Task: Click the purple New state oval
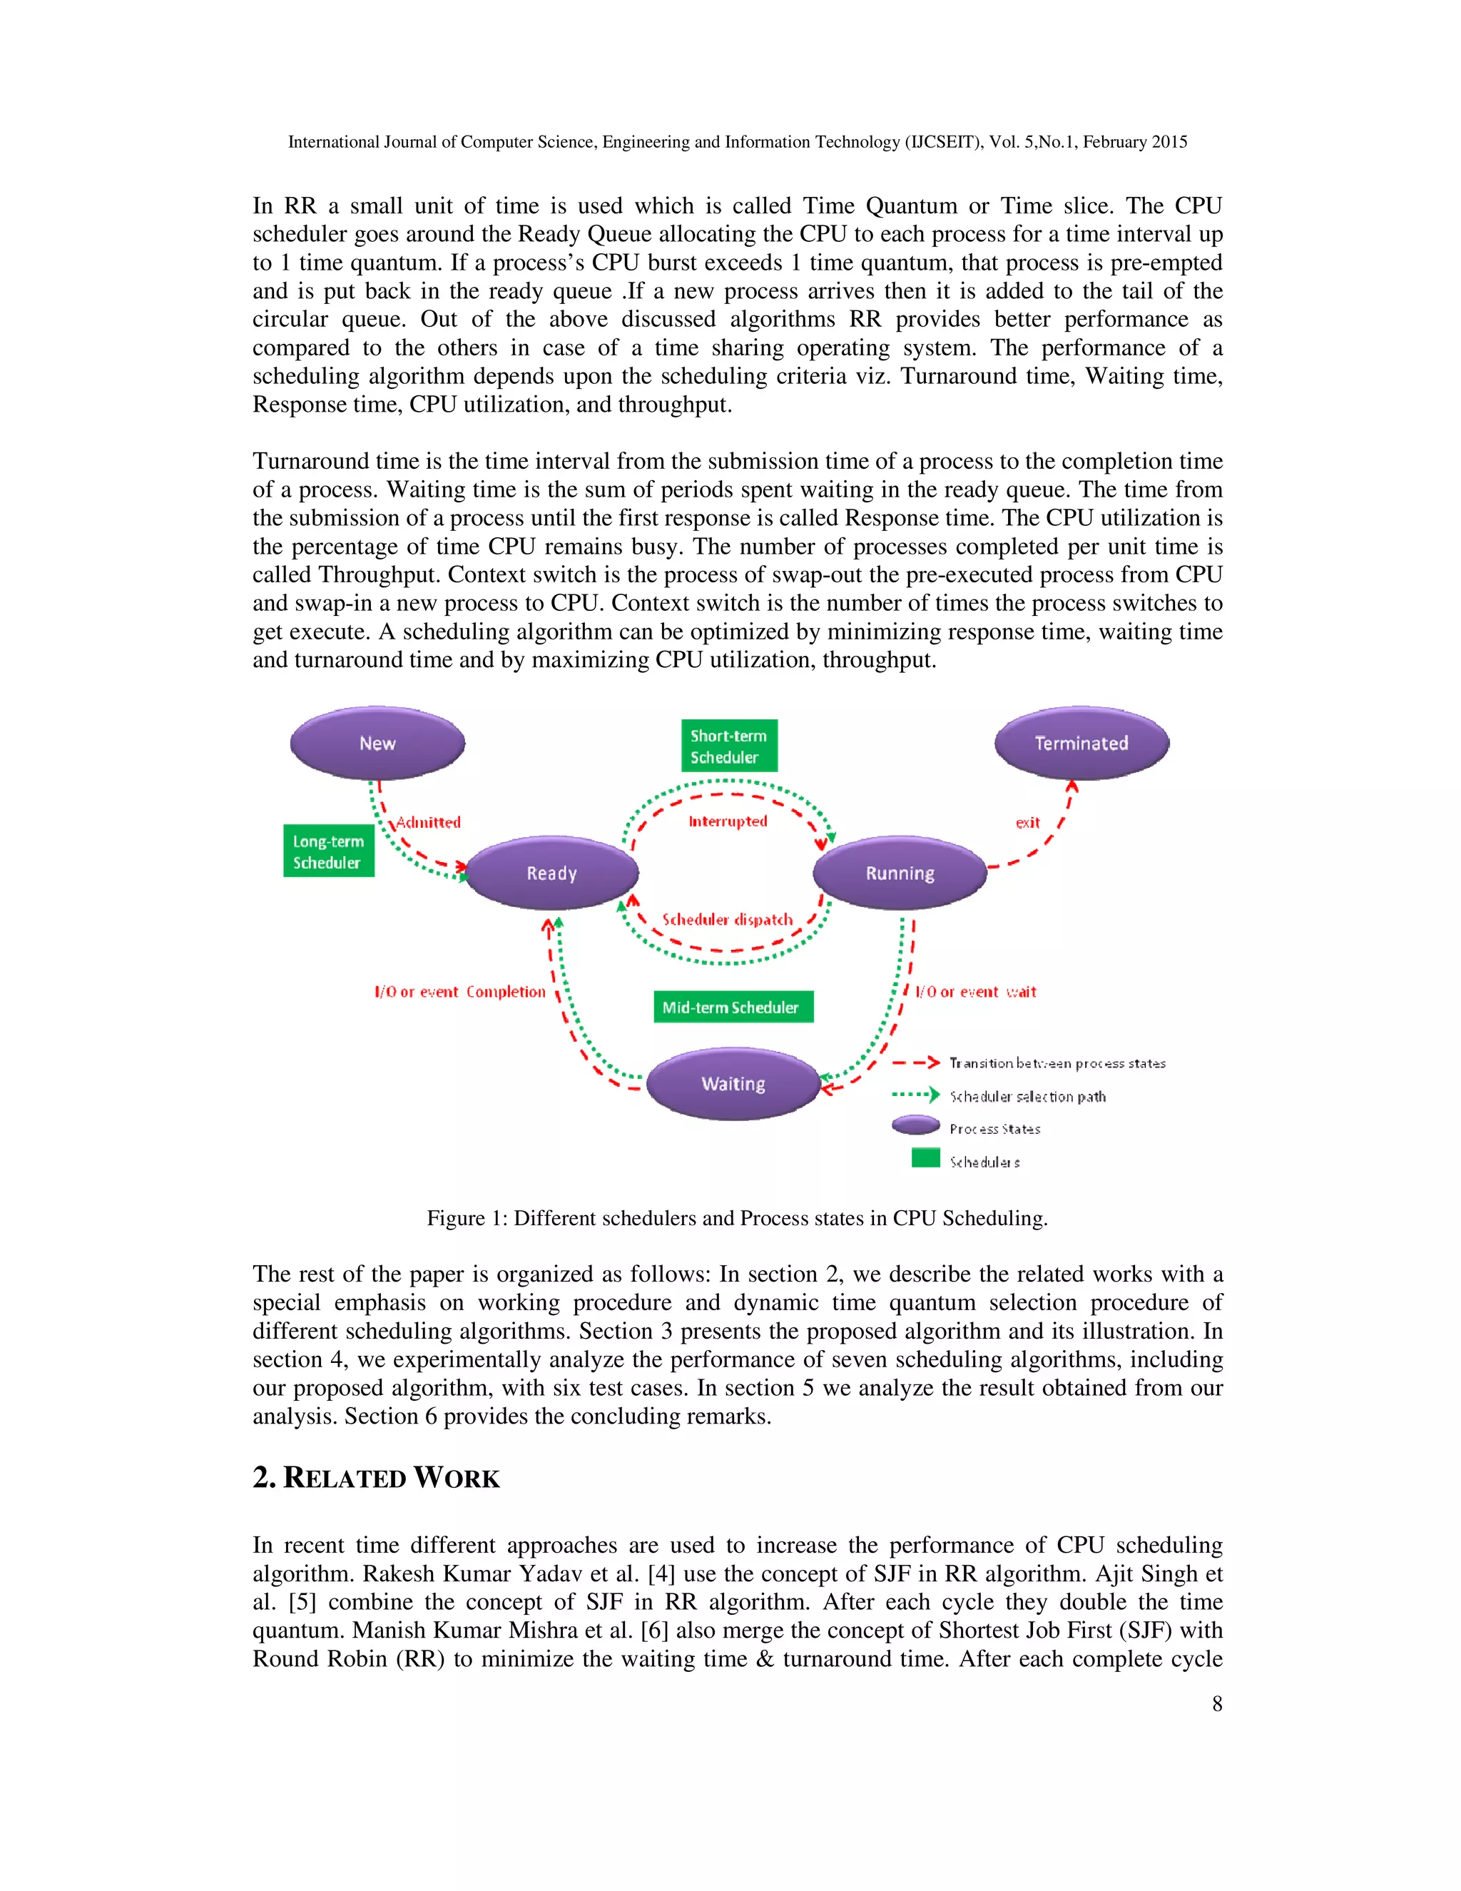(x=377, y=743)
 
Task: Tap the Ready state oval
(x=551, y=873)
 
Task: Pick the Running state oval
(x=900, y=873)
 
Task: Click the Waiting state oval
(x=733, y=1084)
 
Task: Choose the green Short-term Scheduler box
(x=729, y=746)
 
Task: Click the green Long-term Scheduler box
(x=328, y=851)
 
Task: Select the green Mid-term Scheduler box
(x=733, y=1007)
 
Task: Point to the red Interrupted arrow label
(x=728, y=821)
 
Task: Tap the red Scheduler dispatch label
(x=727, y=920)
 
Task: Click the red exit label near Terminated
(x=1027, y=823)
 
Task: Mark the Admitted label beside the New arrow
(x=429, y=823)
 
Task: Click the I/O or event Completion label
(x=459, y=991)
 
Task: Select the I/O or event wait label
(x=975, y=991)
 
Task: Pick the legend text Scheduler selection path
(x=1027, y=1096)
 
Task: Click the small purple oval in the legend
(x=916, y=1125)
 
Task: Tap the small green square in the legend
(x=925, y=1157)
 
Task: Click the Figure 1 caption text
(x=736, y=1218)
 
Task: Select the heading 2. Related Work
(x=377, y=1477)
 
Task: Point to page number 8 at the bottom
(x=1217, y=1704)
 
